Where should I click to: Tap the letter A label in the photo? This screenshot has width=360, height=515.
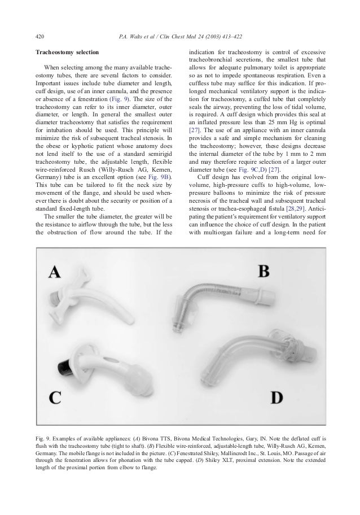tap(55, 273)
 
